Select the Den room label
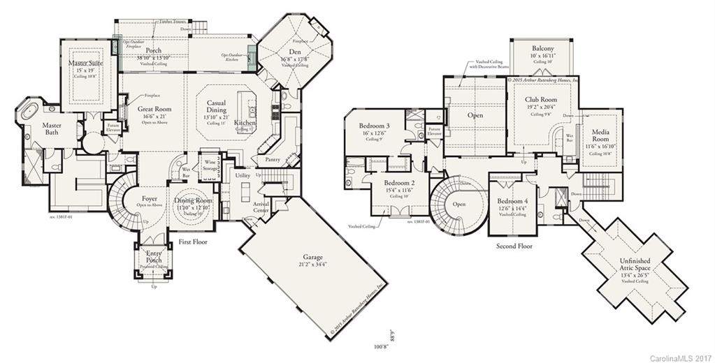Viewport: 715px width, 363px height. point(295,52)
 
